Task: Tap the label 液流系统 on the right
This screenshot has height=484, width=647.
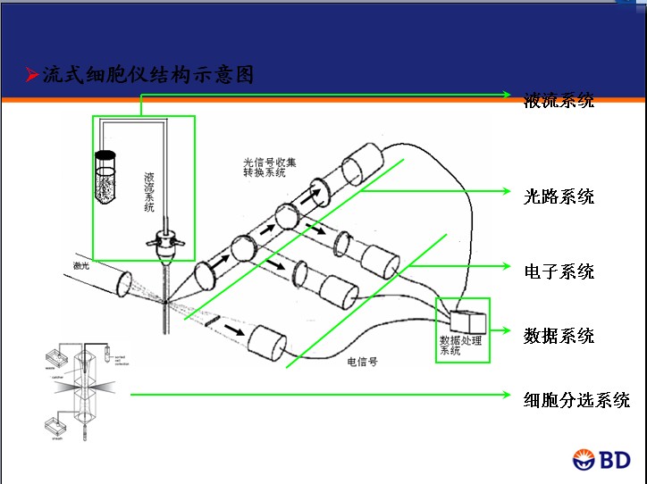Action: (559, 101)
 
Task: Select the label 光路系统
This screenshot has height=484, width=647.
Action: (559, 196)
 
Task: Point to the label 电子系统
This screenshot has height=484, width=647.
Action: (559, 271)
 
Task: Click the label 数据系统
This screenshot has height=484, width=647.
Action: (559, 336)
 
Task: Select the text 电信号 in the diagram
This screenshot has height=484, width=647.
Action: (362, 363)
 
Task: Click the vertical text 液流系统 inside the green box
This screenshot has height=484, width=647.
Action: (149, 191)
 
